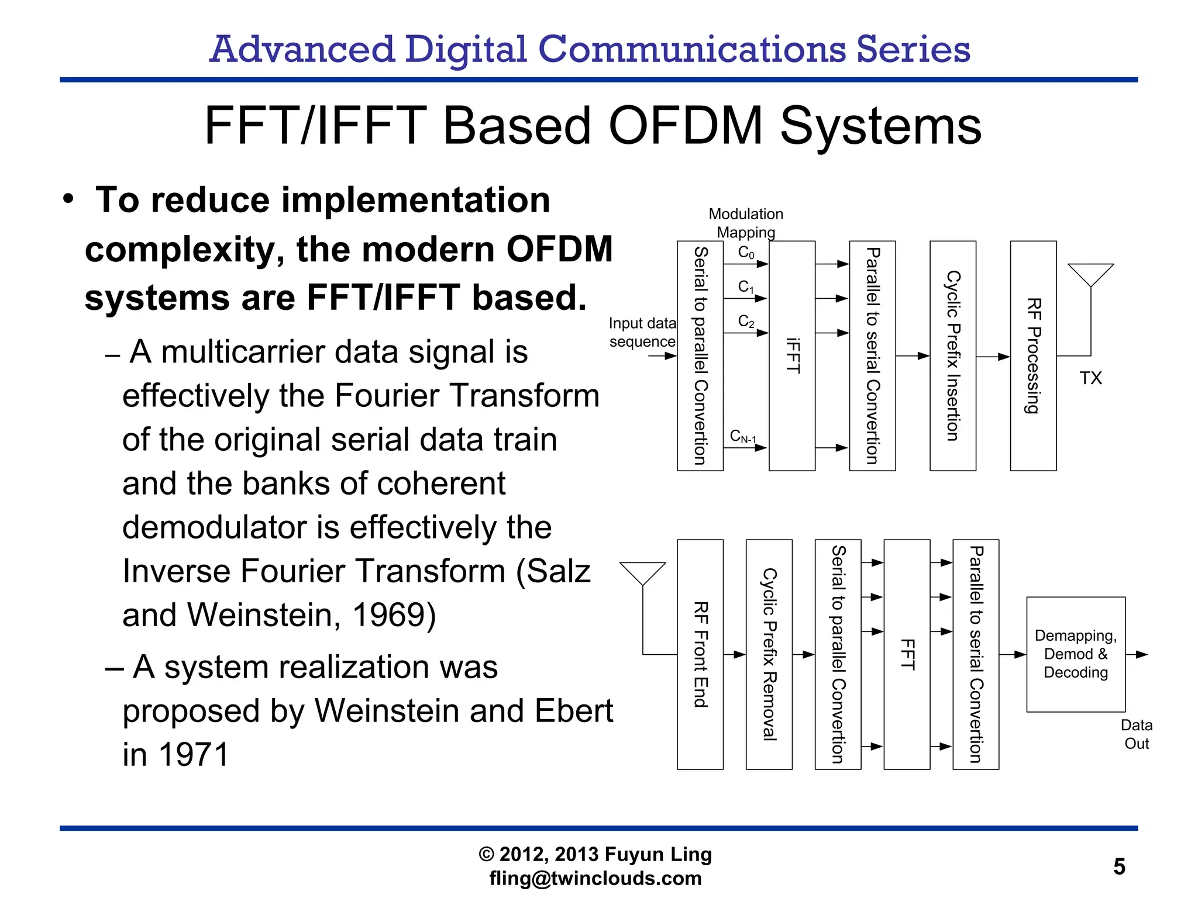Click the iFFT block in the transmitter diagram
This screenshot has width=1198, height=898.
pos(792,355)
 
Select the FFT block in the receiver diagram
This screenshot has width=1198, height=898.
pos(907,654)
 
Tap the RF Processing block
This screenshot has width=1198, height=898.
pos(1033,355)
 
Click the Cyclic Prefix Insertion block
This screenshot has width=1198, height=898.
pos(952,355)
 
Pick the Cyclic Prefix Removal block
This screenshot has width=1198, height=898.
pos(769,654)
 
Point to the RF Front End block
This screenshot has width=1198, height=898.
pos(700,654)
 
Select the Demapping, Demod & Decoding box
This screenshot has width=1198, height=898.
pos(1075,654)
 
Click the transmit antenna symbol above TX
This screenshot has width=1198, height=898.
pos(1090,275)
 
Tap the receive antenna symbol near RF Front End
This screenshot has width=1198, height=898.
pos(642,573)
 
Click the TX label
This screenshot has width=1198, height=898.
pos(1090,378)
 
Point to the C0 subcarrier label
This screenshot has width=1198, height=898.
pos(746,253)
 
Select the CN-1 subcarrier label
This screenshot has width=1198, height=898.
pos(743,437)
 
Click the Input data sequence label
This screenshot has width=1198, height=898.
pos(642,332)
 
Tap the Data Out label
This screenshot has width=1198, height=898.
pos(1136,734)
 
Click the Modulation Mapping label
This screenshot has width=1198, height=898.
pos(745,223)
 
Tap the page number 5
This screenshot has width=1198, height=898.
pos(1119,866)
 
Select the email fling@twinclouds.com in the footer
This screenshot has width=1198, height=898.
pos(595,878)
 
